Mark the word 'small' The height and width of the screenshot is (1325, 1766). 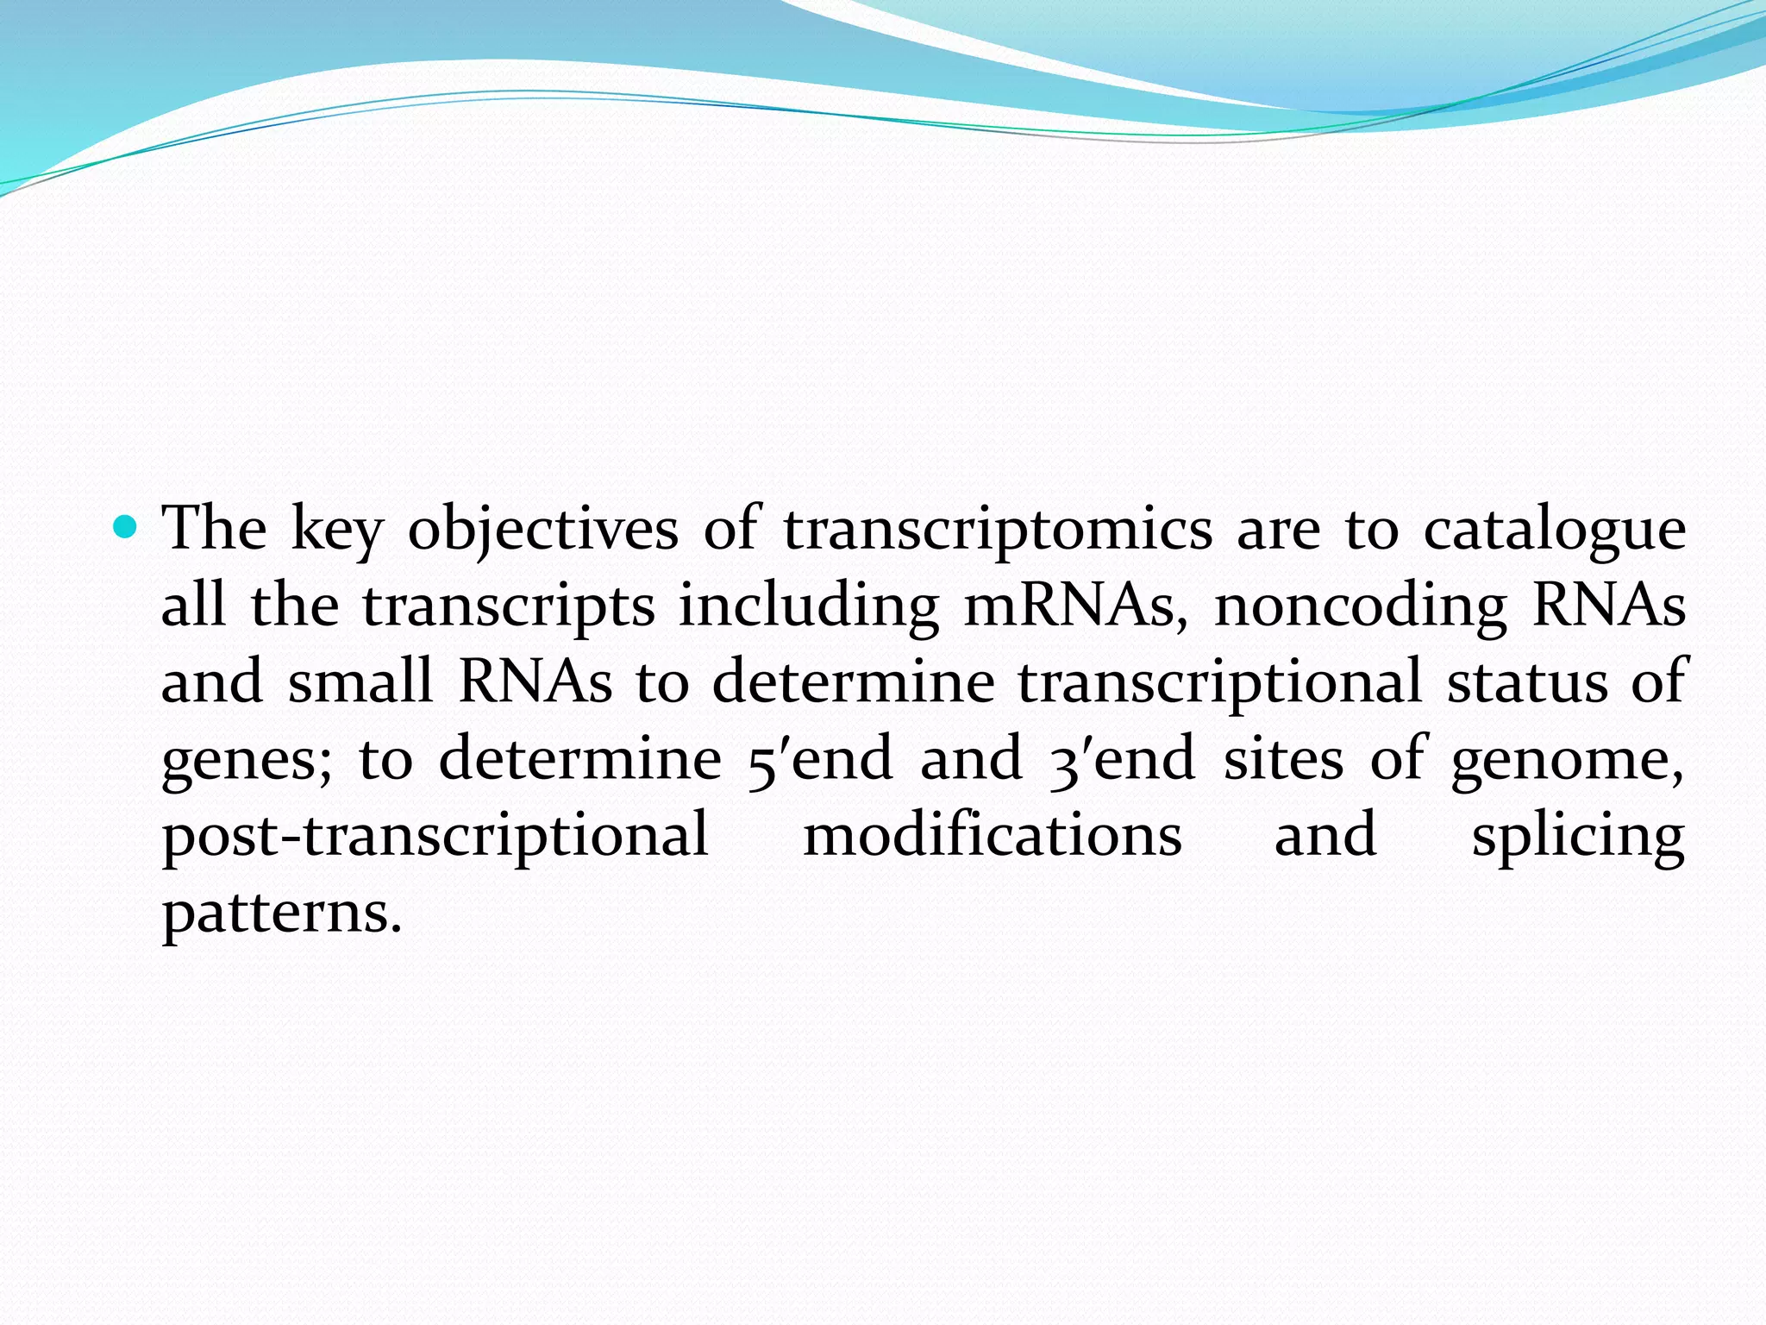360,681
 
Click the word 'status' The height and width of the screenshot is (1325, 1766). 1527,681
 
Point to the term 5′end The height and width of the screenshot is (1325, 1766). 819,758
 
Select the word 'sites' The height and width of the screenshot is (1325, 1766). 1283,758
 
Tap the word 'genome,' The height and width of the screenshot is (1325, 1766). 1567,758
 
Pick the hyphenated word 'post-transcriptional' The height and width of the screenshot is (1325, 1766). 435,835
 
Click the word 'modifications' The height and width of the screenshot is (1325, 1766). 993,835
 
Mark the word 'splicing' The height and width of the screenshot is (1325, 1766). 1578,835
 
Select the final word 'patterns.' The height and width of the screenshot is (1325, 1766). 282,912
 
